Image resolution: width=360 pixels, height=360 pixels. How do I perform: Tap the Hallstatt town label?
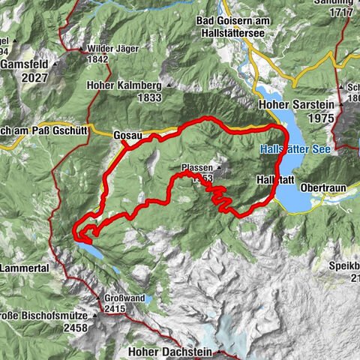(273, 181)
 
